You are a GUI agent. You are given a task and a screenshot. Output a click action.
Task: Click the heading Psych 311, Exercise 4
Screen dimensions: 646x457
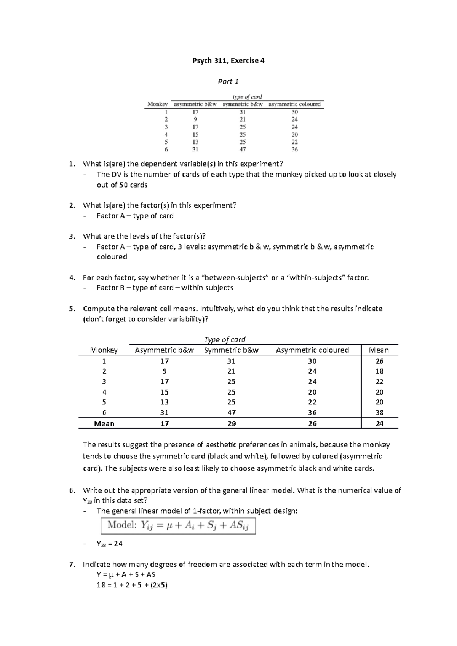tap(228, 60)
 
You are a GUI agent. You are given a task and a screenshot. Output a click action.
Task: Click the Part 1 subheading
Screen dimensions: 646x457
tap(228, 81)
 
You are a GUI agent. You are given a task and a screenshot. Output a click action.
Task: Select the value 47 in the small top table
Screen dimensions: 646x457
tap(243, 150)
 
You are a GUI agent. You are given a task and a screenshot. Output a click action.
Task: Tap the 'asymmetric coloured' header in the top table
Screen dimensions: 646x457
tap(294, 104)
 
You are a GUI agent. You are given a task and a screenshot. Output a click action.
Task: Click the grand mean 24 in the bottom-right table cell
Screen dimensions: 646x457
tap(379, 423)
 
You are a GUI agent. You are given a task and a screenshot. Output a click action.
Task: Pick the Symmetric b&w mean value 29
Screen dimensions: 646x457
tap(231, 423)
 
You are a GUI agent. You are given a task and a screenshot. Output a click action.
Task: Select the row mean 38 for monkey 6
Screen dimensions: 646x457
tap(379, 412)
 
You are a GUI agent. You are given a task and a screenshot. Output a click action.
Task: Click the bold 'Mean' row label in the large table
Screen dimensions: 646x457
tap(104, 423)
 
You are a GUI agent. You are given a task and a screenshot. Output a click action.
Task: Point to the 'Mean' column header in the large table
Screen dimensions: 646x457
tap(379, 350)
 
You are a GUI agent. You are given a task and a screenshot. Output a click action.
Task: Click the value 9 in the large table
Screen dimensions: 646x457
tap(165, 371)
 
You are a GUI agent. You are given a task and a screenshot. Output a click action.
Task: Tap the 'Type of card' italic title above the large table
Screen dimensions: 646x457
tap(225, 339)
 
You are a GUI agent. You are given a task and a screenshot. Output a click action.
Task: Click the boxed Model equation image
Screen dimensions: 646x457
tap(178, 526)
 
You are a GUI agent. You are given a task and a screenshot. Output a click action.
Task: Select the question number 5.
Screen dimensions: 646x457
tap(72, 309)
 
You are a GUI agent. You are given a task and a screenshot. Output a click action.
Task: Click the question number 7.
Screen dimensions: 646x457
tap(72, 565)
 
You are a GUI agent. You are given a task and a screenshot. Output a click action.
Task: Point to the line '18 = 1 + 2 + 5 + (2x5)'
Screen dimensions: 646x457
tap(132, 585)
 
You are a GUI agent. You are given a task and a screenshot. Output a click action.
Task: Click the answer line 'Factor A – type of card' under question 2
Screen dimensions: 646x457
tap(135, 216)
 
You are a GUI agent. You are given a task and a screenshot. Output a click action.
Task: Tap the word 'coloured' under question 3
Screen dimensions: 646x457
tap(112, 257)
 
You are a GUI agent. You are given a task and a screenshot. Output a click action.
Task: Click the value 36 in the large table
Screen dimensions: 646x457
tap(312, 412)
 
